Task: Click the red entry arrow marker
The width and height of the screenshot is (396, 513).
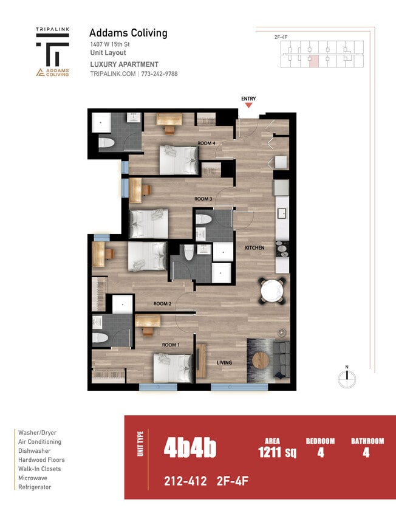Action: (248, 105)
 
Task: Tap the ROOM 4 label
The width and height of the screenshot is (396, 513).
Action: (206, 143)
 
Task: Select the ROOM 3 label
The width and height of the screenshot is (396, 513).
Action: (203, 199)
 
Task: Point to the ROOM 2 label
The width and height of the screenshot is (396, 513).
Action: (162, 303)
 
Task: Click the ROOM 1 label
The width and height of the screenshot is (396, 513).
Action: (170, 345)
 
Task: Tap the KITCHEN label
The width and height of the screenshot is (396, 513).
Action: (255, 248)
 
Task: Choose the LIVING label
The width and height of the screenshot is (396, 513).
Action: (225, 363)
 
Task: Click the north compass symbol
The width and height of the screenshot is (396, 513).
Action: (346, 378)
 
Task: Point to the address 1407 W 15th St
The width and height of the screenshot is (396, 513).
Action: (109, 45)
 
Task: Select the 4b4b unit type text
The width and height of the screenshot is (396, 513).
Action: (189, 449)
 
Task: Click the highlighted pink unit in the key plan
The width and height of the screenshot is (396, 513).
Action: (313, 60)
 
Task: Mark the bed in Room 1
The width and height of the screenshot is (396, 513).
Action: (173, 368)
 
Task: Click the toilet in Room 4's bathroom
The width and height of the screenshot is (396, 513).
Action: (106, 143)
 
